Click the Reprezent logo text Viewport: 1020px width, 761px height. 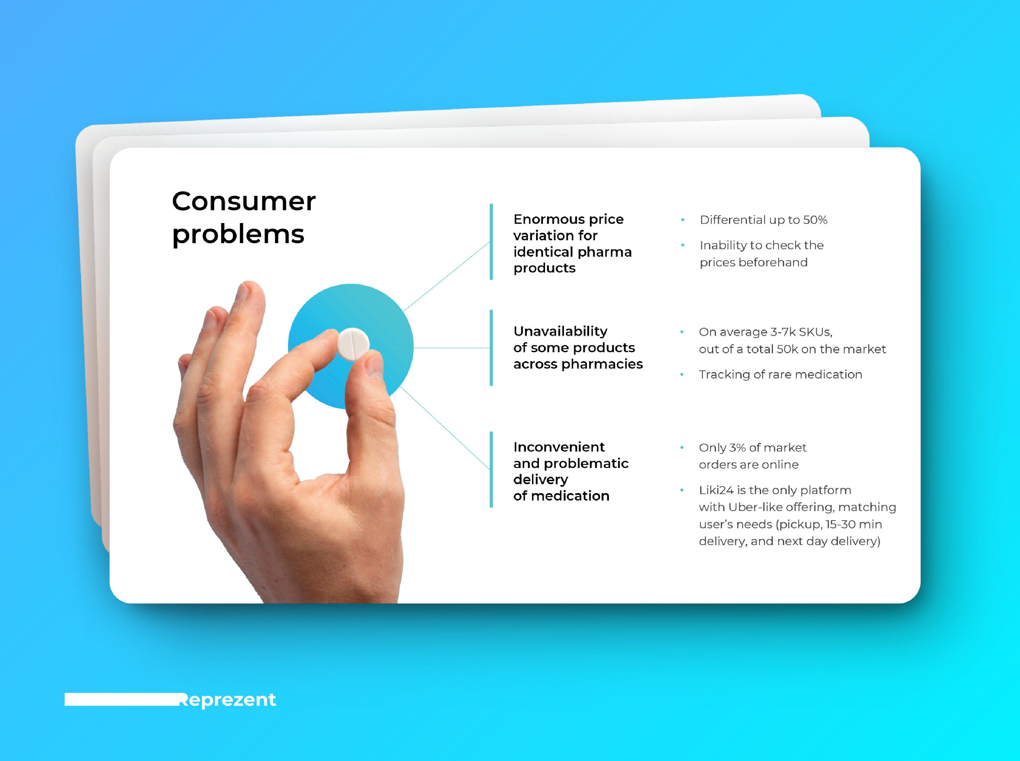228,700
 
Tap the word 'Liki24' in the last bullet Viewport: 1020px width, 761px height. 716,490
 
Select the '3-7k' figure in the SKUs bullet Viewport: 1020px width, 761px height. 782,332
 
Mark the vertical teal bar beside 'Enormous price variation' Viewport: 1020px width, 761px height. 491,242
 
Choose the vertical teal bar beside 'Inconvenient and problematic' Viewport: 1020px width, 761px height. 491,469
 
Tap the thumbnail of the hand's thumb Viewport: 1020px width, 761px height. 374,367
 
